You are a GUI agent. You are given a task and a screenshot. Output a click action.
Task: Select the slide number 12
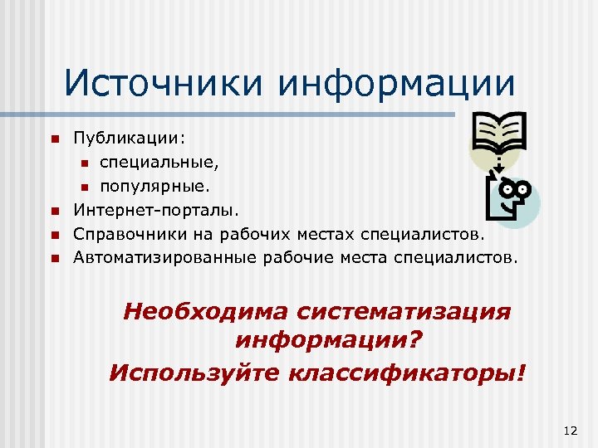(x=569, y=429)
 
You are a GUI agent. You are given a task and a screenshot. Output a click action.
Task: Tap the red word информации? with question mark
(x=329, y=341)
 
